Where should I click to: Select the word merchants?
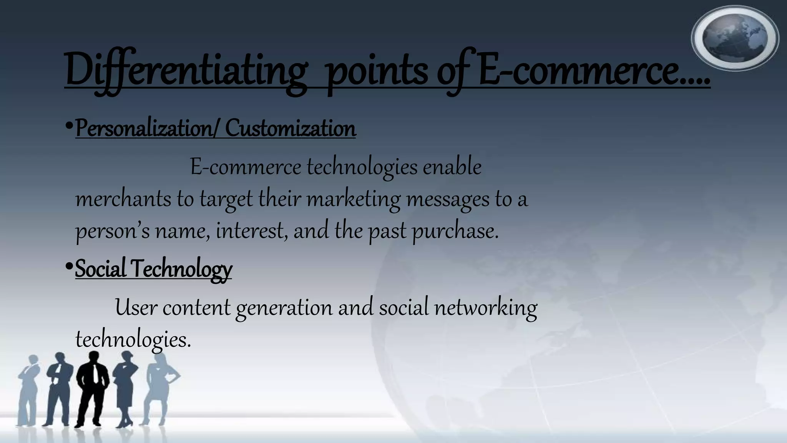[123, 199]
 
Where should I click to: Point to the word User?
[136, 308]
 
